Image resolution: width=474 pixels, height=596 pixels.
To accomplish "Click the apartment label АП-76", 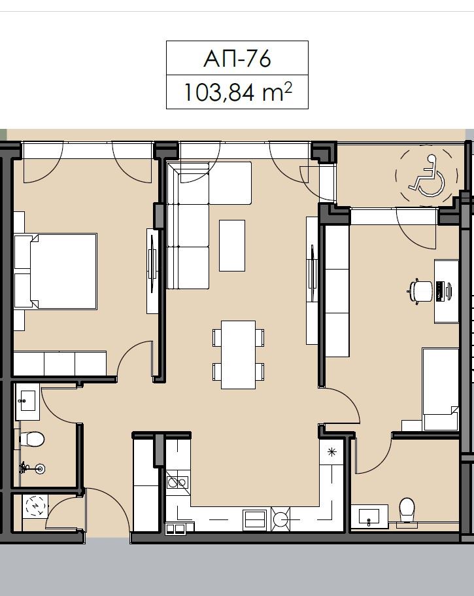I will (237, 59).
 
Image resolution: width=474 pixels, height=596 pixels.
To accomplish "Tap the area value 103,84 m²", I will (237, 92).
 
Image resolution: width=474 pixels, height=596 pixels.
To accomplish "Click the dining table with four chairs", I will (238, 354).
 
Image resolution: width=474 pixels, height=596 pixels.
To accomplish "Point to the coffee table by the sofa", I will (231, 245).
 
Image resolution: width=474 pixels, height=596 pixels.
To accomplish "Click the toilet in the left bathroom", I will (31, 438).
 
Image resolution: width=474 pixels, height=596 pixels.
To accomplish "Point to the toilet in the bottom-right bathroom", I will (407, 510).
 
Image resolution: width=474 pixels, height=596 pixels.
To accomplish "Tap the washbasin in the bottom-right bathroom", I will (369, 516).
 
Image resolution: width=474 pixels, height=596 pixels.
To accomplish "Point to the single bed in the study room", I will (440, 389).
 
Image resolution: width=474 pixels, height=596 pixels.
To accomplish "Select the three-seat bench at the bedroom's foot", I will (60, 363).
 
